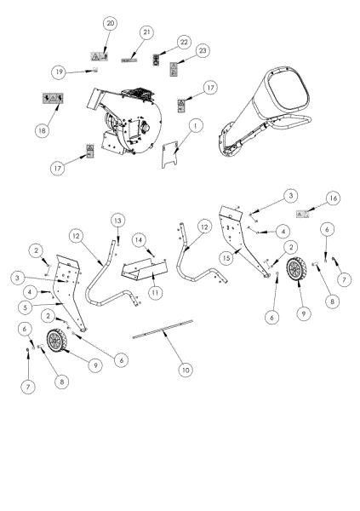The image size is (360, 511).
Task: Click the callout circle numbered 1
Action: point(197,126)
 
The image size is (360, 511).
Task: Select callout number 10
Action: point(185,369)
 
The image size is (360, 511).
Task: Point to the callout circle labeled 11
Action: point(154,291)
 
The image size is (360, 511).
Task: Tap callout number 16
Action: point(333,198)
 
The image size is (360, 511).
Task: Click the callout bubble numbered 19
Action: point(82,71)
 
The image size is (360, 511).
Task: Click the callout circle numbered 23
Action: point(202,50)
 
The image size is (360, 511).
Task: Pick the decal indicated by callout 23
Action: point(174,67)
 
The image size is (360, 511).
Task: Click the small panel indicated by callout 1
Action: point(176,154)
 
